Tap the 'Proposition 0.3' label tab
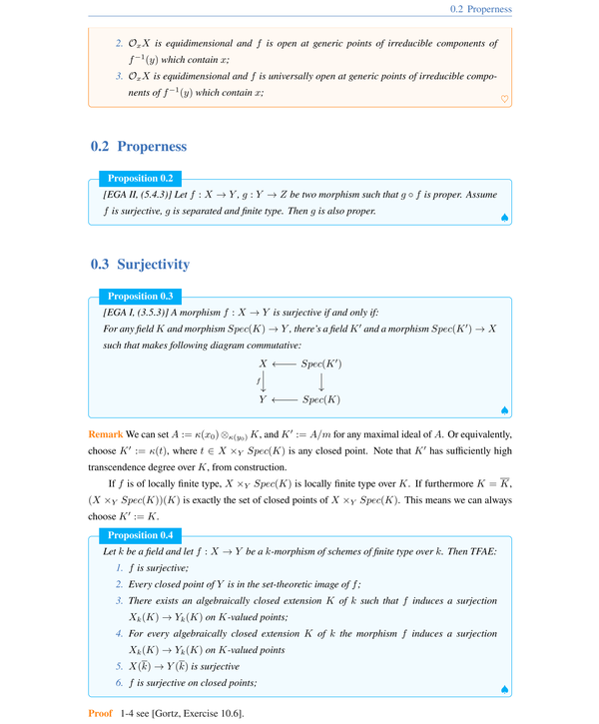coord(147,296)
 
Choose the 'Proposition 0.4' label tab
coord(147,534)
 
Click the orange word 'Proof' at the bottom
coord(101,713)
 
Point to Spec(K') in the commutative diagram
coord(321,363)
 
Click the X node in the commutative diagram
coord(264,363)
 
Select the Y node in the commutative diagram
coord(264,399)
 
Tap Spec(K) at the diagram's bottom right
coord(321,399)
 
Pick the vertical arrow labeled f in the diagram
coord(264,381)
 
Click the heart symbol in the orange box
coord(504,98)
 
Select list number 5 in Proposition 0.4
coord(119,666)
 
